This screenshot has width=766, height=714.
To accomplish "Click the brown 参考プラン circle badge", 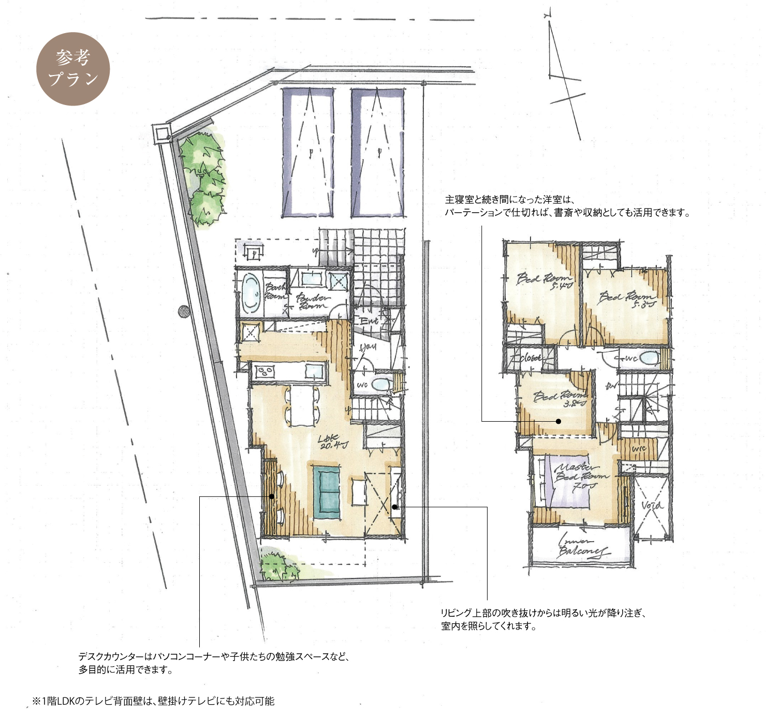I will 73,69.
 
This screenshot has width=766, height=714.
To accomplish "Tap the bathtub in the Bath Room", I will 251,293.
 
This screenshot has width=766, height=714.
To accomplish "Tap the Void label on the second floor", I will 651,504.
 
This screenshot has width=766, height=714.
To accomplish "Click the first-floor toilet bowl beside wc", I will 381,384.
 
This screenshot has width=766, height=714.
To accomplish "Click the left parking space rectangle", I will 307,153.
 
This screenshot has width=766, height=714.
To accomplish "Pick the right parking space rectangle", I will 377,153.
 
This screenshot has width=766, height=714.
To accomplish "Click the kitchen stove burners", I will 266,371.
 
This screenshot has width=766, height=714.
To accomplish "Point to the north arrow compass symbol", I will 564,78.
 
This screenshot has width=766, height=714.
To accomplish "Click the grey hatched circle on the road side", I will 184,311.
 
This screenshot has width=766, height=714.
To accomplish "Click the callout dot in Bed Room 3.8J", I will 558,421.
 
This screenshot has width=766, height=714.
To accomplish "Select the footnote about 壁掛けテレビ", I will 153,701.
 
